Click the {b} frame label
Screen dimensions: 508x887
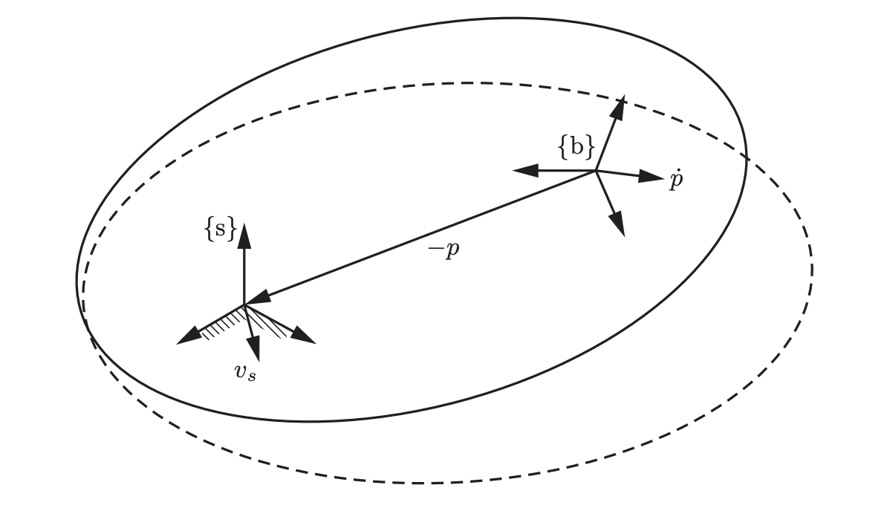(576, 148)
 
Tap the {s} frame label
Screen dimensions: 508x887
(220, 230)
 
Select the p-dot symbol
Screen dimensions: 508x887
(675, 180)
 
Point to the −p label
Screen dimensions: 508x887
(444, 250)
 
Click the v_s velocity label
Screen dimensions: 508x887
(245, 372)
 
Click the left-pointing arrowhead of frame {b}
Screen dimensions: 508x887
(524, 170)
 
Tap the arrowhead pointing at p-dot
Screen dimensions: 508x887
(652, 177)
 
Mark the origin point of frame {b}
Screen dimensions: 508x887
(596, 171)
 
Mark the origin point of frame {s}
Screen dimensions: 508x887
(244, 305)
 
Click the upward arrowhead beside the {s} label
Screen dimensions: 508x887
(244, 233)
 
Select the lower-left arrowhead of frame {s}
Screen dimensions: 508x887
(189, 338)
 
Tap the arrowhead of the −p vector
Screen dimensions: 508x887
(257, 300)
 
